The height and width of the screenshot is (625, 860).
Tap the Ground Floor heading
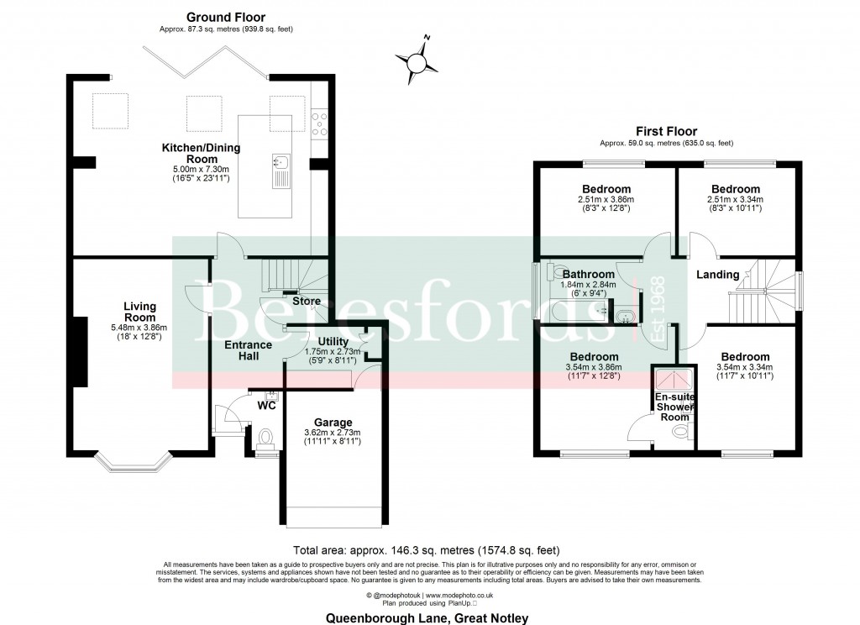[226, 17]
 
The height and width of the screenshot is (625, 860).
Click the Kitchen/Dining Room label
[201, 154]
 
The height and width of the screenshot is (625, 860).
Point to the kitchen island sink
[281, 161]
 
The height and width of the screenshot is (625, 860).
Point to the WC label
[267, 406]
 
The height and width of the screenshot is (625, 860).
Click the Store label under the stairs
[306, 301]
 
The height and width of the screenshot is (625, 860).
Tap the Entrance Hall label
[248, 350]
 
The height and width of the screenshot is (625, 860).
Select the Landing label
[717, 275]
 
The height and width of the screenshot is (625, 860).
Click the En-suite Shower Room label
[674, 407]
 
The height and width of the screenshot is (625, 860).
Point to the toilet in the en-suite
[680, 431]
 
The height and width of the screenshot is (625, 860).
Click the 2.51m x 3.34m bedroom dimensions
[735, 202]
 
